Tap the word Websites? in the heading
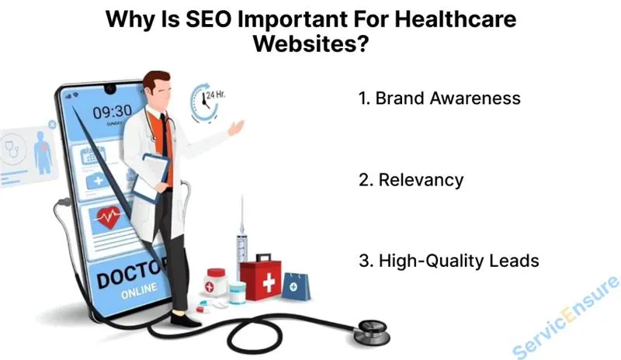(310, 45)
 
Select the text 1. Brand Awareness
(439, 99)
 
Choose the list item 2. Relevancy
(411, 180)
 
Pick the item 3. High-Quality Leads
(449, 261)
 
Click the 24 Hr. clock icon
(206, 99)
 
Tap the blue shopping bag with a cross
(295, 286)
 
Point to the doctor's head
(159, 87)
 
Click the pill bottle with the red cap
(216, 281)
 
